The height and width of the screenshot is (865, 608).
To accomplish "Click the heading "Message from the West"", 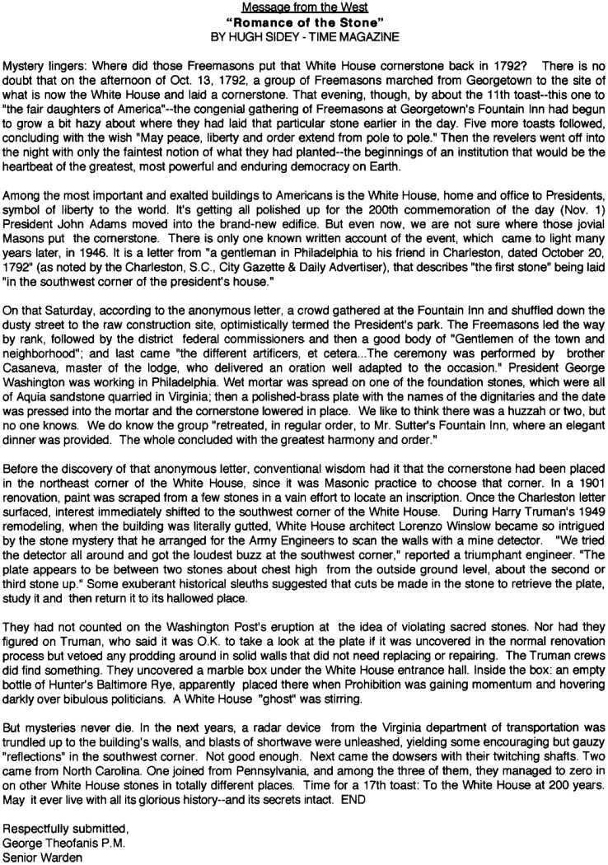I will click(x=302, y=7).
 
